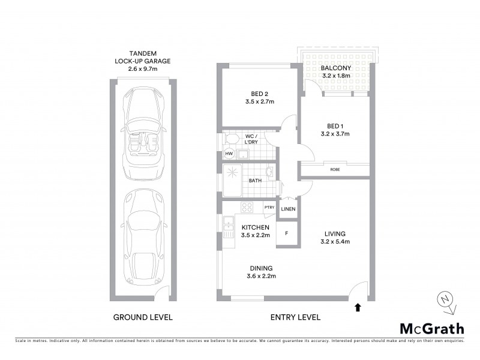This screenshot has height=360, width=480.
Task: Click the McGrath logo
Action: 432,328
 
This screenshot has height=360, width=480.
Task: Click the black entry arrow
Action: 358,308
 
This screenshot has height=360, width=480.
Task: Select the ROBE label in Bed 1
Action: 334,170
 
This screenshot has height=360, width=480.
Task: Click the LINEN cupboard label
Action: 289,209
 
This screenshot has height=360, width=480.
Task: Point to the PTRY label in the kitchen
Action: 269,208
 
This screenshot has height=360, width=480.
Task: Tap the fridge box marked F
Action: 287,232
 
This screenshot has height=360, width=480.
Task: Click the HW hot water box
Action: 229,154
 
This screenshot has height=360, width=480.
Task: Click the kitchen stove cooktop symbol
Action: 246,208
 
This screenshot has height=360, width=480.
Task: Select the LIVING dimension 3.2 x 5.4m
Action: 334,242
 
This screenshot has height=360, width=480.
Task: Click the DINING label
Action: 261,268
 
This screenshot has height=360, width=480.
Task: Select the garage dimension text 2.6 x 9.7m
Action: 142,70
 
